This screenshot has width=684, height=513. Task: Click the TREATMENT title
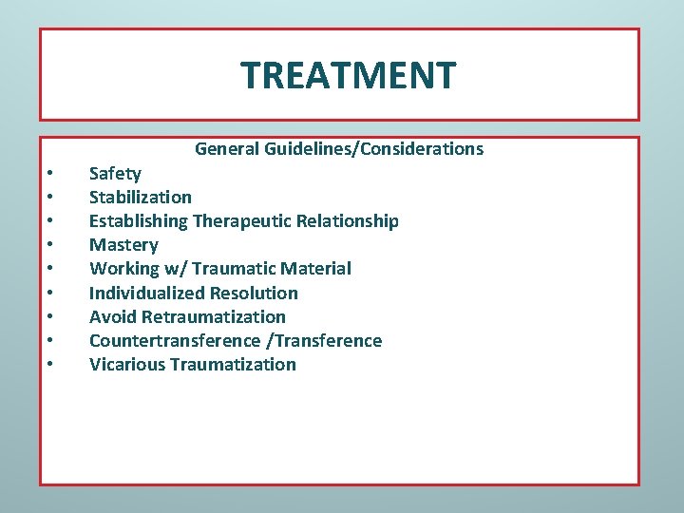(x=348, y=74)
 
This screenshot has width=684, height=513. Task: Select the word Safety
(x=115, y=174)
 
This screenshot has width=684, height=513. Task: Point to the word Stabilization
(x=141, y=198)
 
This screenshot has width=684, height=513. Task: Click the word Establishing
(x=139, y=221)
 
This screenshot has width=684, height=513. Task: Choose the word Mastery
(x=123, y=245)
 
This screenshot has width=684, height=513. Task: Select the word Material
(x=315, y=269)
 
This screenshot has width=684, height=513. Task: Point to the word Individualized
(x=148, y=293)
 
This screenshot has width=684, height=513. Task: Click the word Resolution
(x=256, y=293)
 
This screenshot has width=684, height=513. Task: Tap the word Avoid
(x=111, y=316)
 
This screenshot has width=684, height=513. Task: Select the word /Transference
(x=325, y=340)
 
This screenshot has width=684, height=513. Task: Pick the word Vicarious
(x=127, y=364)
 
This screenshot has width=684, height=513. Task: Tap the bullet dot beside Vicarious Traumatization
(x=48, y=365)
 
